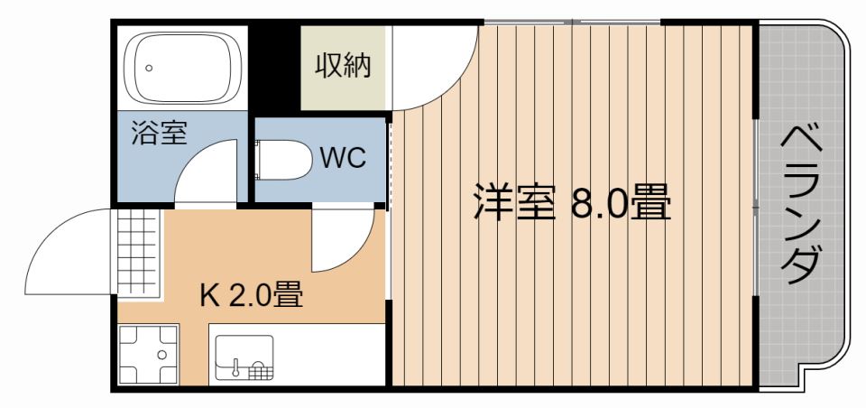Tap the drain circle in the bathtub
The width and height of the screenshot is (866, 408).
coord(150,68)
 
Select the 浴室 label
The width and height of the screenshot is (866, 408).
coord(159,134)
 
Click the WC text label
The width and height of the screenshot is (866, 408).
coord(344,159)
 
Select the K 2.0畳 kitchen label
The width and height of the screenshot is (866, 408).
coord(250,295)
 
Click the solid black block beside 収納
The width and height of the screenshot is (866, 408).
coord(273,69)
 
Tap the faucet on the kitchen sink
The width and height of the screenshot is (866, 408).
coord(236,366)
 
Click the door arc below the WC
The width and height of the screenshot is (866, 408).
coord(343,242)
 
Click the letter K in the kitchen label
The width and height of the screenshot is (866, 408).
coord(207,296)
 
